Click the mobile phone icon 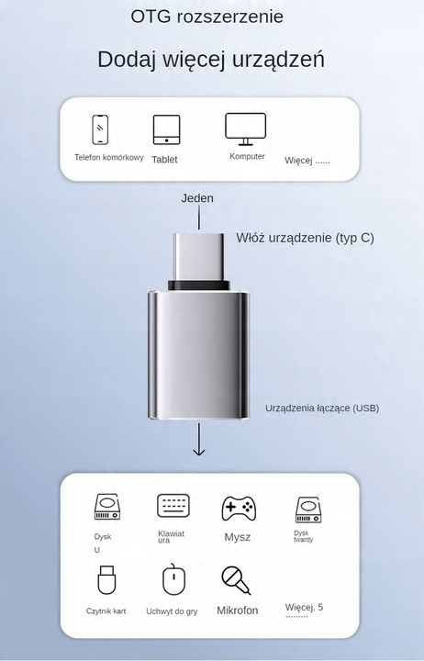coord(100,129)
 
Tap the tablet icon coord(166,129)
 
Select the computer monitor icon coord(245,129)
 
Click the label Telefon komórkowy coord(108,157)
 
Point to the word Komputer coord(247,156)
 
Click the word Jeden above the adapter coord(197,198)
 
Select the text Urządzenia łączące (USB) coord(322,408)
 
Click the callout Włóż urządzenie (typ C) coord(305,238)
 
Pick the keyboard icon coord(173,506)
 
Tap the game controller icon coord(239,509)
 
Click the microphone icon coord(236,580)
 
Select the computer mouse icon coord(173,579)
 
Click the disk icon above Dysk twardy coord(308,510)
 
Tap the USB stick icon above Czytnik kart coord(106,579)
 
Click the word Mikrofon coord(238,610)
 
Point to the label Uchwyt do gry coord(172,611)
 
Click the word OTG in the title coord(151,17)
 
